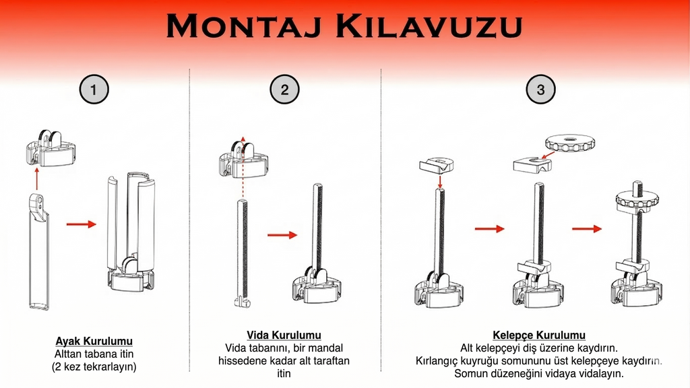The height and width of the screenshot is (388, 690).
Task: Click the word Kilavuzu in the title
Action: pyautogui.click(x=429, y=27)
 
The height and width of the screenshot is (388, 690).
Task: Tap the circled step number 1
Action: pyautogui.click(x=94, y=90)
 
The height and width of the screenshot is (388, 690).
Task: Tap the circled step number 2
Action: pyautogui.click(x=284, y=90)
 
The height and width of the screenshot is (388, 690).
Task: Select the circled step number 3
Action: pyautogui.click(x=540, y=90)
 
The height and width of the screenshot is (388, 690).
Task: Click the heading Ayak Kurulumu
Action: pyautogui.click(x=94, y=342)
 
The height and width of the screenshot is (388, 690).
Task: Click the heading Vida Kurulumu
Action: pyautogui.click(x=284, y=335)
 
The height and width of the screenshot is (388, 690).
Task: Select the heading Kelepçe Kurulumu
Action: pyautogui.click(x=539, y=335)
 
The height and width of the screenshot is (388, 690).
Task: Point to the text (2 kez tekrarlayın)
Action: pyautogui.click(x=94, y=367)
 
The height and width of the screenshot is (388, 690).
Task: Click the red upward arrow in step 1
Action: pyautogui.click(x=37, y=180)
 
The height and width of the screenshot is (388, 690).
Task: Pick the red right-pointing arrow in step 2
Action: pyautogui.click(x=282, y=235)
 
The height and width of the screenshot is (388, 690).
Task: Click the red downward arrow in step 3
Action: pyautogui.click(x=439, y=182)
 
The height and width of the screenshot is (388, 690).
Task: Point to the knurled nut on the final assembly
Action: pyautogui.click(x=636, y=201)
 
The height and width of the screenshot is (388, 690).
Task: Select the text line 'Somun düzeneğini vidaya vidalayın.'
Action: pyautogui.click(x=539, y=373)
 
